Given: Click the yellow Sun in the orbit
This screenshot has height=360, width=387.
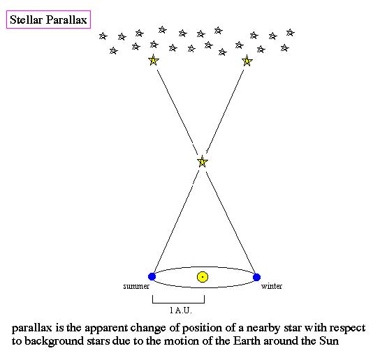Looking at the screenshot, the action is [x=203, y=277].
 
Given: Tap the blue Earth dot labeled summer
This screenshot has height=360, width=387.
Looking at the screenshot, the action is [x=152, y=277].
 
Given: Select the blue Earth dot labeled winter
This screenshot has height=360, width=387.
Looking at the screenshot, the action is [x=256, y=277].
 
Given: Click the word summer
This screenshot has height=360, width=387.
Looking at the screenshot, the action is [x=136, y=286].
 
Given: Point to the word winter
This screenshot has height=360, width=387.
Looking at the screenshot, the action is [x=272, y=286].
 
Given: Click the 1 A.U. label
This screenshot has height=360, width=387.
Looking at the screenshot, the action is [x=181, y=310].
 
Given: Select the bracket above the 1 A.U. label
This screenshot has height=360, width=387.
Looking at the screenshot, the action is [x=178, y=302].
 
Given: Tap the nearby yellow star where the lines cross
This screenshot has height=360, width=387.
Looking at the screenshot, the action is [x=203, y=161].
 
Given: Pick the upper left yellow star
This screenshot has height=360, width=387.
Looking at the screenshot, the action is [x=153, y=60].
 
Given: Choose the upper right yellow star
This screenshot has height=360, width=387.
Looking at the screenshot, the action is [x=247, y=61].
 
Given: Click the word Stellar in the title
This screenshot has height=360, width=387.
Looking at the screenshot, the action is [x=26, y=20].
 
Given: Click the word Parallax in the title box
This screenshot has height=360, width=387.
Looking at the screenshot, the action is [x=66, y=20].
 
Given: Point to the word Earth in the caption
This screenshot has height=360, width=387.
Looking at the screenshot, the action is [x=247, y=341].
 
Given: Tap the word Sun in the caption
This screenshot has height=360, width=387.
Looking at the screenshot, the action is [x=329, y=341].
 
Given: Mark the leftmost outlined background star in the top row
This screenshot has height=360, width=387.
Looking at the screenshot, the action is [x=103, y=36].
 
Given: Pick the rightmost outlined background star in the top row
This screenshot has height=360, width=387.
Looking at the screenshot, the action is [x=291, y=32].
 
